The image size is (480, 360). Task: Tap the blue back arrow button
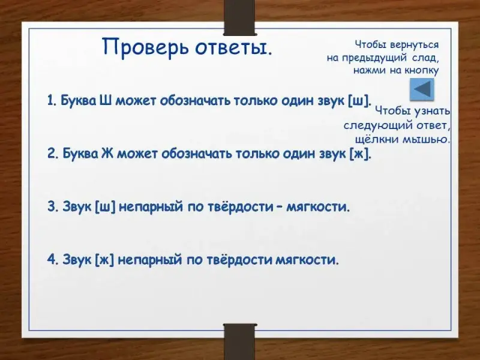click(x=422, y=89)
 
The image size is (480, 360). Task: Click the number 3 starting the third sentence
click(x=51, y=206)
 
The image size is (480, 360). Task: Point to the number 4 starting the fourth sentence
click(x=51, y=260)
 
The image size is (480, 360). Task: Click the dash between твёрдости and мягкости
click(x=279, y=208)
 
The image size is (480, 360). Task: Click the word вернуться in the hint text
click(x=414, y=44)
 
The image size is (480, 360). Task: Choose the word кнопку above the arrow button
click(x=422, y=71)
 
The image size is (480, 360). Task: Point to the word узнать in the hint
click(x=432, y=111)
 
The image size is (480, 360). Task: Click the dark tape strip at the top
click(x=239, y=17)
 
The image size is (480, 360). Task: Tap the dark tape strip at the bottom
click(x=239, y=341)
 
